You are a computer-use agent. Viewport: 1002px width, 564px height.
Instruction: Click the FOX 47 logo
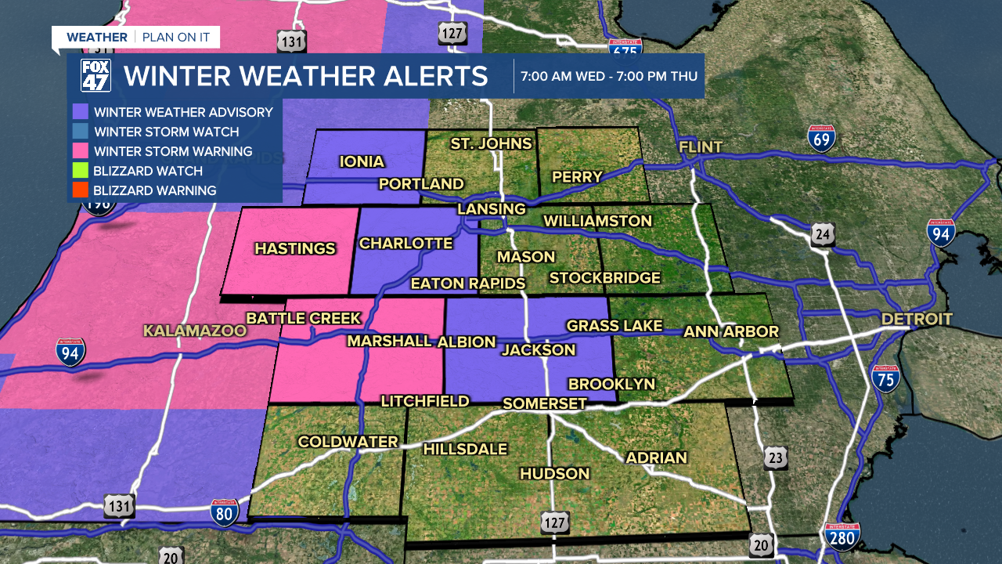click(96, 76)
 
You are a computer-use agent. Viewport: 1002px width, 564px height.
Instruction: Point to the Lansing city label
click(492, 209)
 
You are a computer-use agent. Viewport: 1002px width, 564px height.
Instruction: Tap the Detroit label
click(917, 319)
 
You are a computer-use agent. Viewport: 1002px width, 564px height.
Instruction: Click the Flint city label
click(701, 147)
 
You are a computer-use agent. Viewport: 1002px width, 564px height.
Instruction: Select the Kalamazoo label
click(195, 331)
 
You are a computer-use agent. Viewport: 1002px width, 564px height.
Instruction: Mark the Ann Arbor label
click(731, 331)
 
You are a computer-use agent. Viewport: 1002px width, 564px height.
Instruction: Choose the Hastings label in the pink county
click(295, 249)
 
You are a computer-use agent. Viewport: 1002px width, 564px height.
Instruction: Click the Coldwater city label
click(348, 442)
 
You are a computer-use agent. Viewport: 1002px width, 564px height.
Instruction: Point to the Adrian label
click(656, 457)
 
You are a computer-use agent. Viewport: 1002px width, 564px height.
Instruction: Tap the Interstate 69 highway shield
click(822, 138)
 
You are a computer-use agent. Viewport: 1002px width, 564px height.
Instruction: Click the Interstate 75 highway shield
click(885, 378)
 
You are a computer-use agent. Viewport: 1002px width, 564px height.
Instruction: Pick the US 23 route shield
click(776, 458)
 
